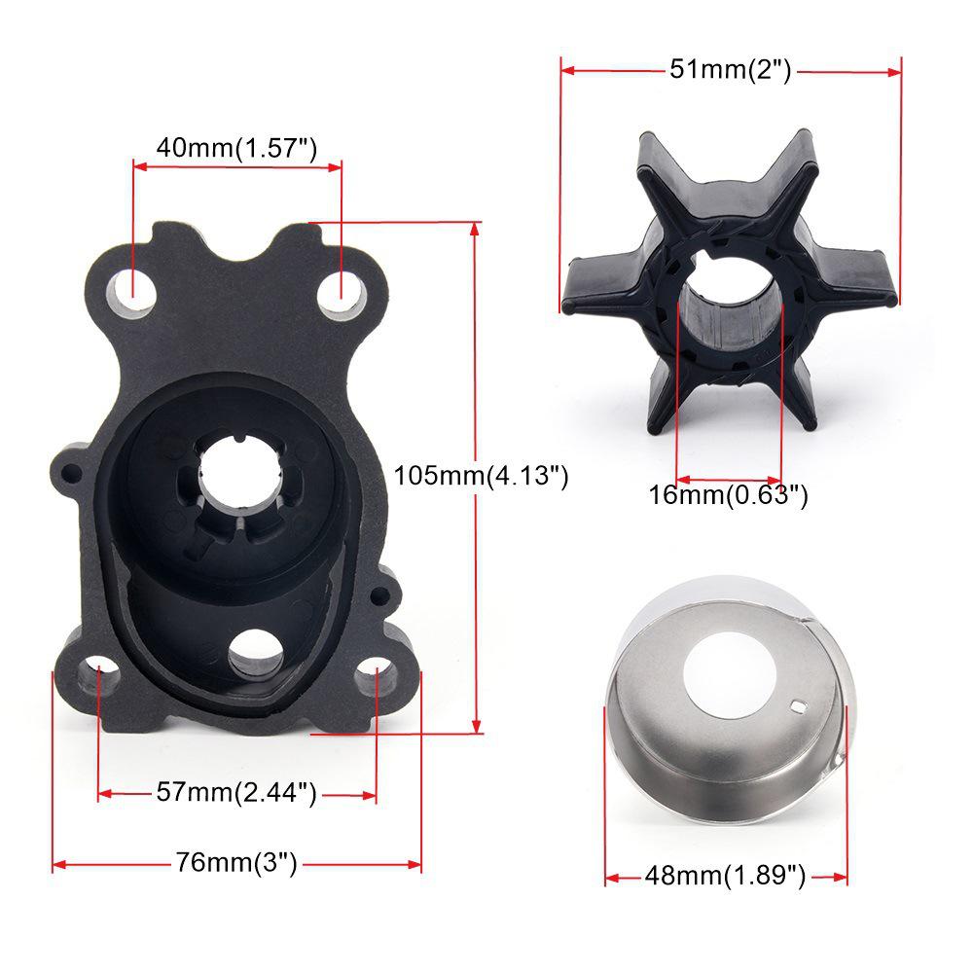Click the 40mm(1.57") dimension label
[237, 148]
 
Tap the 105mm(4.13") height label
[481, 476]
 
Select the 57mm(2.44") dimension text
[236, 793]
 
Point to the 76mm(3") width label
[236, 863]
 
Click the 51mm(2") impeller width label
[731, 69]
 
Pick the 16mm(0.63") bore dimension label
[729, 495]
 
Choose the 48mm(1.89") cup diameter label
[725, 877]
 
